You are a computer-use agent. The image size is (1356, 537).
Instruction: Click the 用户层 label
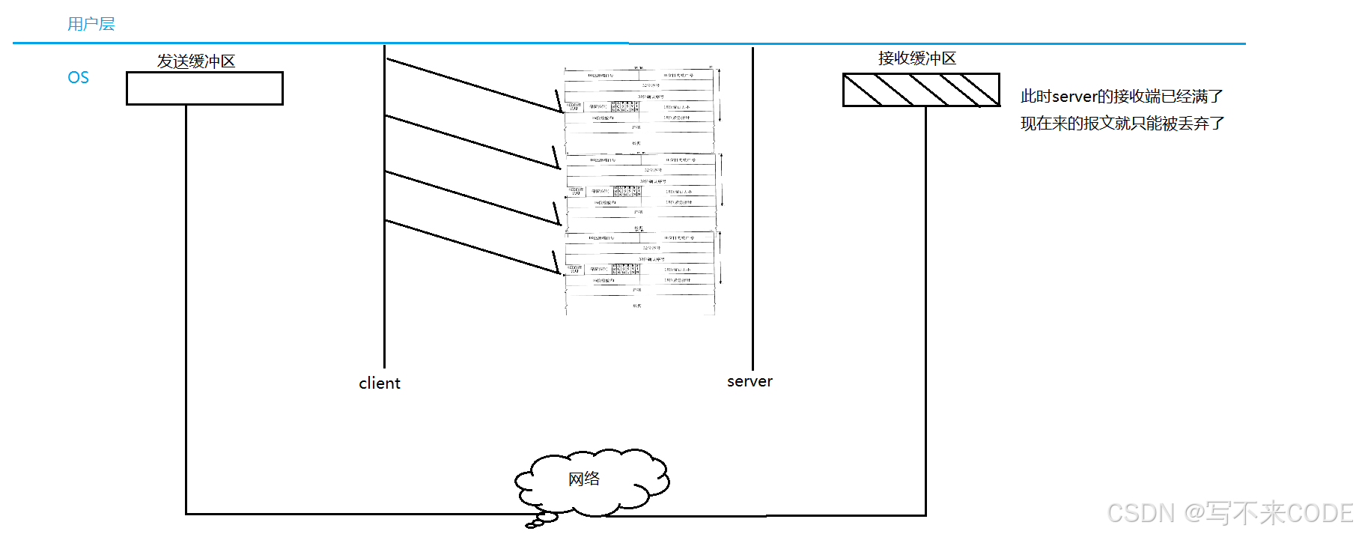91,24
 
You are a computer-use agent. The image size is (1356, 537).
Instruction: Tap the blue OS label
78,78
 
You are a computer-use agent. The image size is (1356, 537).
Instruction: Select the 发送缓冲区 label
196,61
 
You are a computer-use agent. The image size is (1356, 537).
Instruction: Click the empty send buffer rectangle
204,88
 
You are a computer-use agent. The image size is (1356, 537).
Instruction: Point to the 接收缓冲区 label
916,58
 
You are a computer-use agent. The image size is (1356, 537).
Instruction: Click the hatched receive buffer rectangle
921,90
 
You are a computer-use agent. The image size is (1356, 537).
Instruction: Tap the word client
380,383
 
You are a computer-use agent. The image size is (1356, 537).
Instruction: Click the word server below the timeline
750,381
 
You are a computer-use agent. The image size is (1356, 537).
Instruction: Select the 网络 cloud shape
592,481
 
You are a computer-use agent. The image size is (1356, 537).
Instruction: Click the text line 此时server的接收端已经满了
1121,97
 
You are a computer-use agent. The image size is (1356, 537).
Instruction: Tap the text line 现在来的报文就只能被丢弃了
1122,124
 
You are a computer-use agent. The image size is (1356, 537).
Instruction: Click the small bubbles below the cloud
542,519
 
